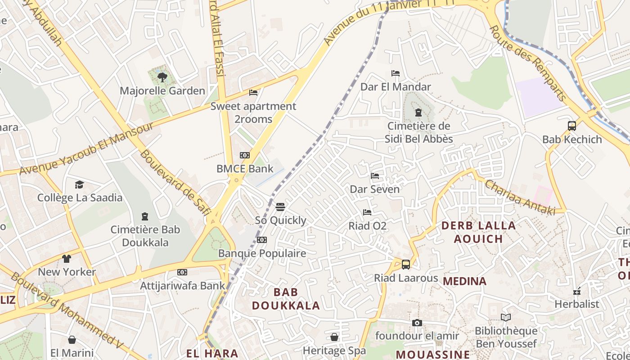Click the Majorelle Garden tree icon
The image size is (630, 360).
coord(162,77)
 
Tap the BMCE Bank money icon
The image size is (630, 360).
coord(245,155)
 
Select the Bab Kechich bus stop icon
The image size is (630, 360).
coord(572,126)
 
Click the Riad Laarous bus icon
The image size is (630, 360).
coord(406,265)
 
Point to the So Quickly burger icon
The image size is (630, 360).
coord(280,207)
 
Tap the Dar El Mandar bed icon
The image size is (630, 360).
coord(396,73)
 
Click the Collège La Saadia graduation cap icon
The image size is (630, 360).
coord(80,184)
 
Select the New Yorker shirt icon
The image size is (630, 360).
coord(67,259)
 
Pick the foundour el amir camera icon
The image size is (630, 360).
coord(417,323)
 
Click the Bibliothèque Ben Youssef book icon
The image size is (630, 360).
coord(506,318)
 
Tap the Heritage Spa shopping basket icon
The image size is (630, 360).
coord(334,337)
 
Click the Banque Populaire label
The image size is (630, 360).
coord(262,253)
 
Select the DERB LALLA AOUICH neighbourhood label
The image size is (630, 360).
coord(478,232)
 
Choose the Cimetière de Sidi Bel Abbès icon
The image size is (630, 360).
coord(418,112)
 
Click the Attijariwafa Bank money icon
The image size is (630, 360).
coord(182,272)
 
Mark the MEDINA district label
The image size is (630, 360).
coord(465,281)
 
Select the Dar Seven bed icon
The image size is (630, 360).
coord(375,176)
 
